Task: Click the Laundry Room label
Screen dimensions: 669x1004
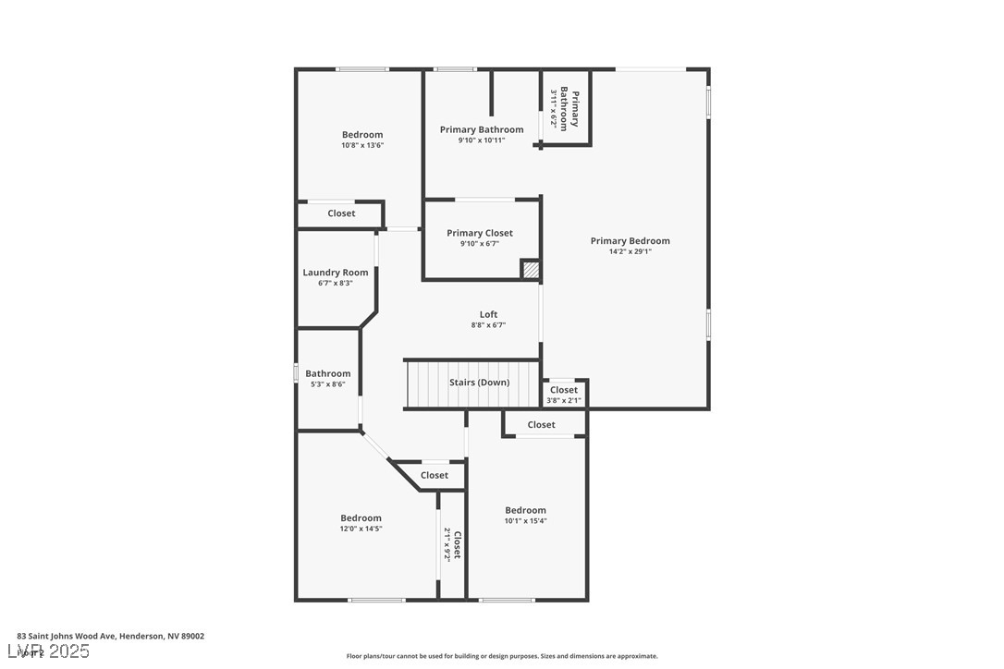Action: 336,273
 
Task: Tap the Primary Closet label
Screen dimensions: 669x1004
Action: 480,233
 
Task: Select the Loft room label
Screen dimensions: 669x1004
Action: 488,314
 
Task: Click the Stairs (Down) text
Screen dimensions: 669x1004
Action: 479,383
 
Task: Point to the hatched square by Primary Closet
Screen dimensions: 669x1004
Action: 531,270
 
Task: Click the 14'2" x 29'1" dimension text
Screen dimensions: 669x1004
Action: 630,251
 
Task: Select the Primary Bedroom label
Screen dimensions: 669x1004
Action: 630,241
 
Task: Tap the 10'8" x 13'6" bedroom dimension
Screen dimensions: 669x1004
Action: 362,145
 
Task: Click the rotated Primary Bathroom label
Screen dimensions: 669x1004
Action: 569,110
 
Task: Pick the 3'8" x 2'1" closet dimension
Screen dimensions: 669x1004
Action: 563,400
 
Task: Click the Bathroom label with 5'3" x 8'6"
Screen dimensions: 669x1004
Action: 328,374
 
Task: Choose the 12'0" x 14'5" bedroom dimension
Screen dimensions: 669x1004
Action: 361,529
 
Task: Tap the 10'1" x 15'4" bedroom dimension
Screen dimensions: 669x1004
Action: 525,521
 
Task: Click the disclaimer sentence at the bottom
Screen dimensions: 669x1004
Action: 502,656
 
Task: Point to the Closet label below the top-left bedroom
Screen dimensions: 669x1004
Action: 341,213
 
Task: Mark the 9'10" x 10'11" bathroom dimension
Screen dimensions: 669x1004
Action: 482,140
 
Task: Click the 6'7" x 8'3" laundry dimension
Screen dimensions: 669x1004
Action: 335,283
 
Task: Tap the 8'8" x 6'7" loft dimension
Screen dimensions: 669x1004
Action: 488,325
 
